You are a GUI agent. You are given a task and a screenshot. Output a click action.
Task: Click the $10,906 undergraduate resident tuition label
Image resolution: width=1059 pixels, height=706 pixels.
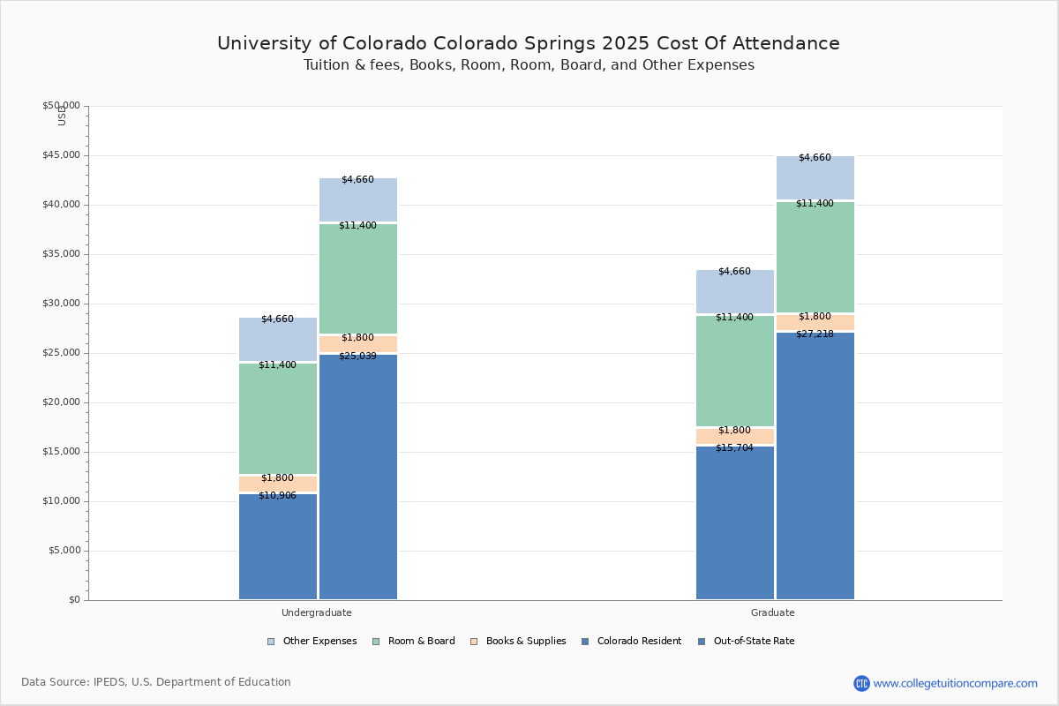(x=277, y=496)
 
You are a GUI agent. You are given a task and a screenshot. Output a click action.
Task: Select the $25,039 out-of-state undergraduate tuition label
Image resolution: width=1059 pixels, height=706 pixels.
(x=357, y=357)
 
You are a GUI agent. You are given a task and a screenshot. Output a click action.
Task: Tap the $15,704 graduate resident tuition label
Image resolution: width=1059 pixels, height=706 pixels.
(x=734, y=448)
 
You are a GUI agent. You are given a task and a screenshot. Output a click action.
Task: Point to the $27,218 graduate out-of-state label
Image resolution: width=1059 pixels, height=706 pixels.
(x=815, y=334)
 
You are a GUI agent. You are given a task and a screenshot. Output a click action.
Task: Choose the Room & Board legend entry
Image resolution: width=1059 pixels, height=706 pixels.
(x=421, y=642)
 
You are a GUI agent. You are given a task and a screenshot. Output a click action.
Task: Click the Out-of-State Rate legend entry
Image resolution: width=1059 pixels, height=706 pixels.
(x=754, y=642)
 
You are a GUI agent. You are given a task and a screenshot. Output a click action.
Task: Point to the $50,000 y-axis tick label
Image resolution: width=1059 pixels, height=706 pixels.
(x=61, y=106)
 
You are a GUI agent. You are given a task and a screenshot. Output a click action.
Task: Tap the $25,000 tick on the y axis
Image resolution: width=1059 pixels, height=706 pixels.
(x=61, y=353)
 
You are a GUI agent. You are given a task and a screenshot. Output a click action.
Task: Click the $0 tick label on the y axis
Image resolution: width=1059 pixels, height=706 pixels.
(x=73, y=600)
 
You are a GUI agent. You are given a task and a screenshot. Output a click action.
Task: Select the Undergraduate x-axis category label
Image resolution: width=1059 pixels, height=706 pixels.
(x=317, y=612)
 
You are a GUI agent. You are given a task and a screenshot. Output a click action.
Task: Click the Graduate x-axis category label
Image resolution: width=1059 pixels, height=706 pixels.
(x=773, y=612)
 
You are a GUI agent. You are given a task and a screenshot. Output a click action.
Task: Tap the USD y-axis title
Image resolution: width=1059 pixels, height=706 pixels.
(x=62, y=116)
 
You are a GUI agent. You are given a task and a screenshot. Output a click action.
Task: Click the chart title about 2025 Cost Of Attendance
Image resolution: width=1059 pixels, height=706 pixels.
(x=529, y=43)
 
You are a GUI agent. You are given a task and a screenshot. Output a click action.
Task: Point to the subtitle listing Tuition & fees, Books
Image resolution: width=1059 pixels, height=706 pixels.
(x=529, y=65)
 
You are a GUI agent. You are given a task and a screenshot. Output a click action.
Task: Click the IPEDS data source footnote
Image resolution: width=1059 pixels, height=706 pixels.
(x=156, y=682)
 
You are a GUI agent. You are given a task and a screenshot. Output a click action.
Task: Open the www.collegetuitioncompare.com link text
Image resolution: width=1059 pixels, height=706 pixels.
(x=955, y=683)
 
